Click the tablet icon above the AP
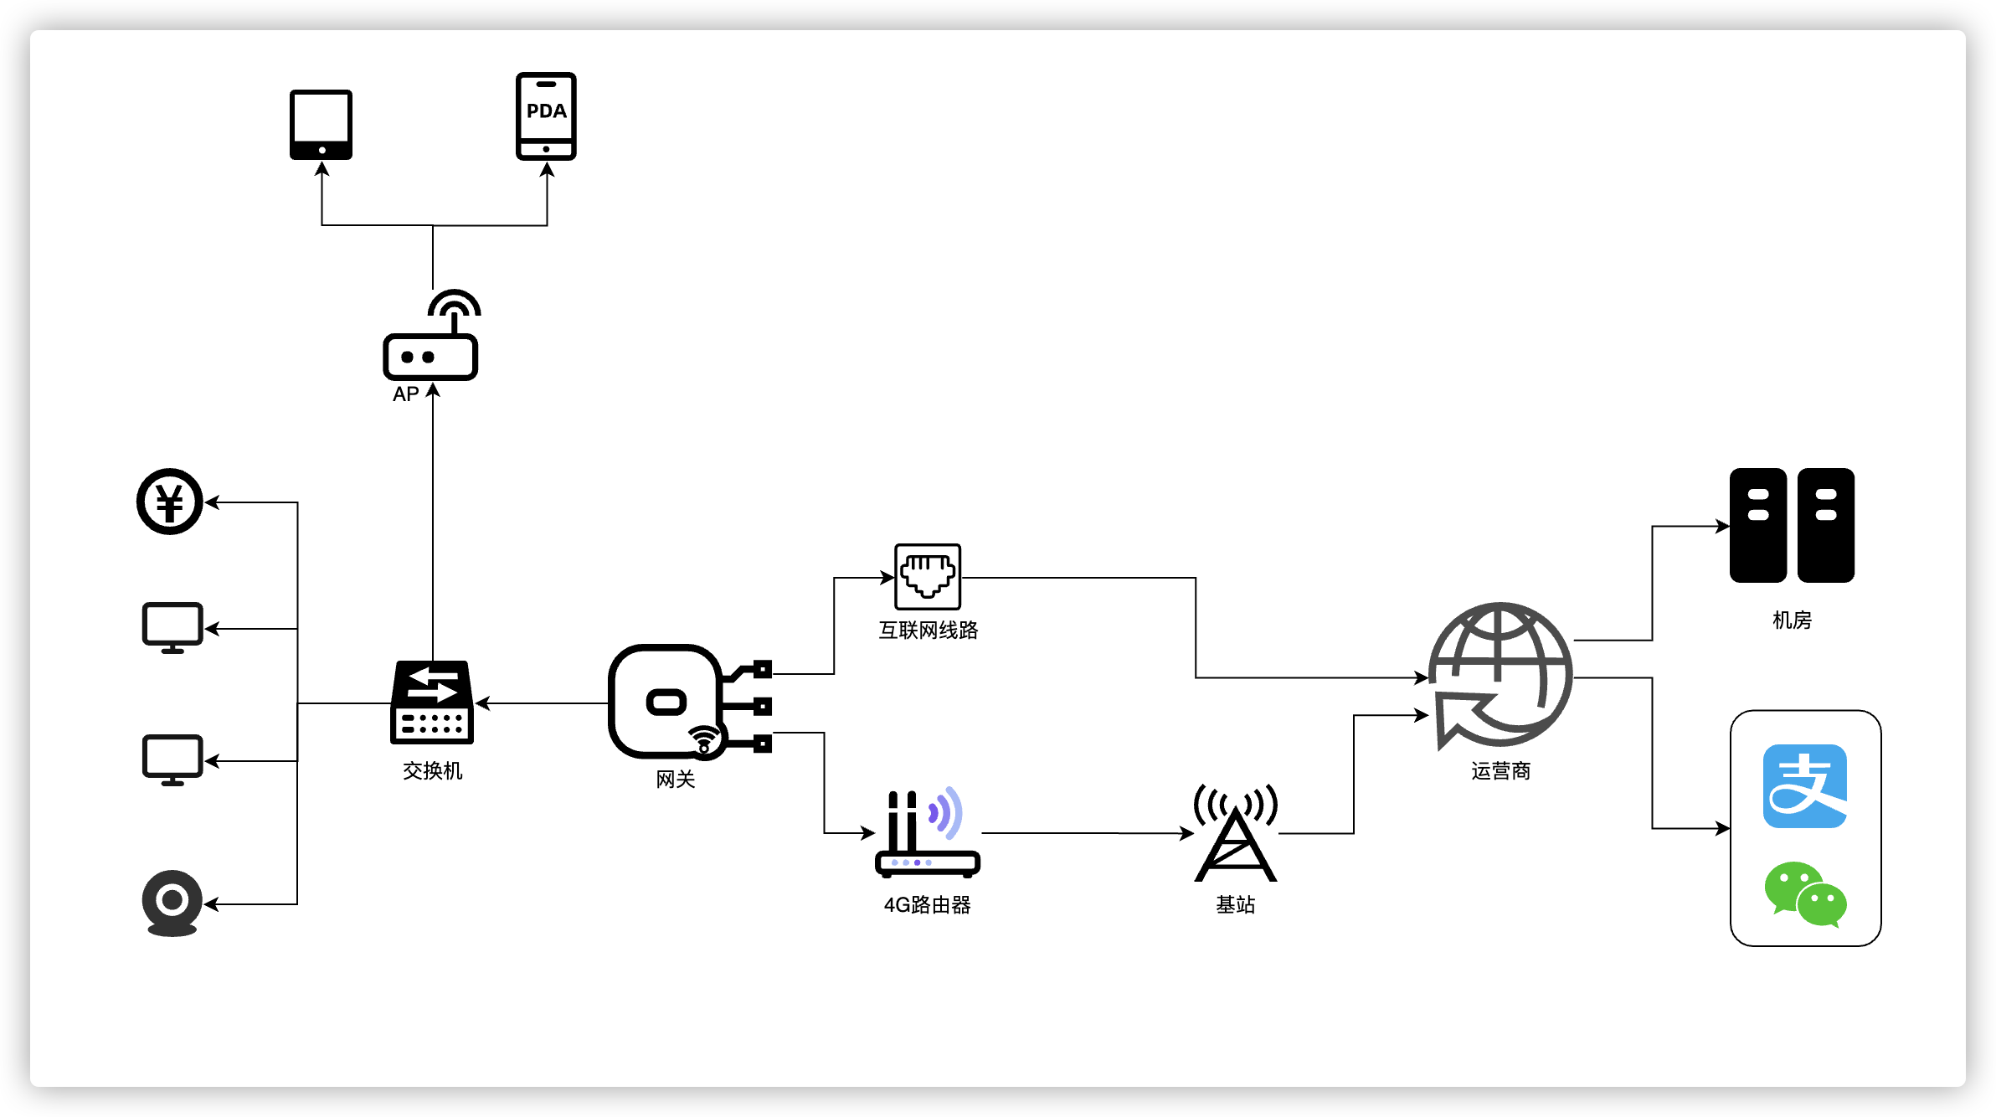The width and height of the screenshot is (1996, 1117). [x=321, y=124]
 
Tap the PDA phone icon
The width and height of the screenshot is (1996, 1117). [x=546, y=116]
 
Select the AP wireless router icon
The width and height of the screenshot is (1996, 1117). [x=431, y=338]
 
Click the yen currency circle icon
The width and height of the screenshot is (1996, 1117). [x=170, y=502]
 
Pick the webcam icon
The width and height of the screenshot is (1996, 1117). [x=172, y=903]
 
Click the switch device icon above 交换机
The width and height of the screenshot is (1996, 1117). [x=432, y=703]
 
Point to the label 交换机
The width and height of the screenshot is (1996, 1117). [x=432, y=770]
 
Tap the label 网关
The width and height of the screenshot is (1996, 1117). [x=675, y=780]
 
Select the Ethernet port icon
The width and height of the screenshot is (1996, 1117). [x=928, y=576]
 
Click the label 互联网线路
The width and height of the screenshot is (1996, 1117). [x=928, y=630]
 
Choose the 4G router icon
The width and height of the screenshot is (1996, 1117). [x=927, y=833]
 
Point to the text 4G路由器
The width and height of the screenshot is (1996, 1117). [x=927, y=904]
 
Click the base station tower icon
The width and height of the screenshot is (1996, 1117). [x=1236, y=833]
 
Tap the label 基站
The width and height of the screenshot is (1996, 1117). [x=1236, y=904]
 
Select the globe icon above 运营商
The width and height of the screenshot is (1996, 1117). [x=1500, y=675]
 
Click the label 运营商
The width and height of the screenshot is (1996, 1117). [x=1500, y=770]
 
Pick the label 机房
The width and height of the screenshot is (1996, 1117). [x=1792, y=620]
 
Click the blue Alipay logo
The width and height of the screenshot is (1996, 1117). [x=1805, y=786]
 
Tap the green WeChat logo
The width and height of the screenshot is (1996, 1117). [x=1805, y=893]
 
